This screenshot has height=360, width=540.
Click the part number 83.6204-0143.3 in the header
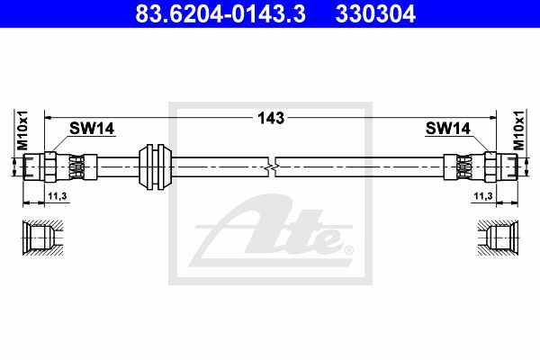(x=220, y=13)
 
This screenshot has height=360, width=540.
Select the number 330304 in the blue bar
(x=375, y=13)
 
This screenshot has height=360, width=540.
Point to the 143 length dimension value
(x=271, y=118)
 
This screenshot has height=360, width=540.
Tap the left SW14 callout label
(x=92, y=129)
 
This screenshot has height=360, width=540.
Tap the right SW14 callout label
(x=447, y=129)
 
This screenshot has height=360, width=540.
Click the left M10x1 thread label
(x=22, y=130)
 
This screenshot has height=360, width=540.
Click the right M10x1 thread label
(x=518, y=130)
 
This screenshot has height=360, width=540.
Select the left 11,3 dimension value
(x=58, y=196)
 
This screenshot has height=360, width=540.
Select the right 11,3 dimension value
(x=483, y=196)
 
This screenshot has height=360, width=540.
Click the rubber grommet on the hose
(x=155, y=166)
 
